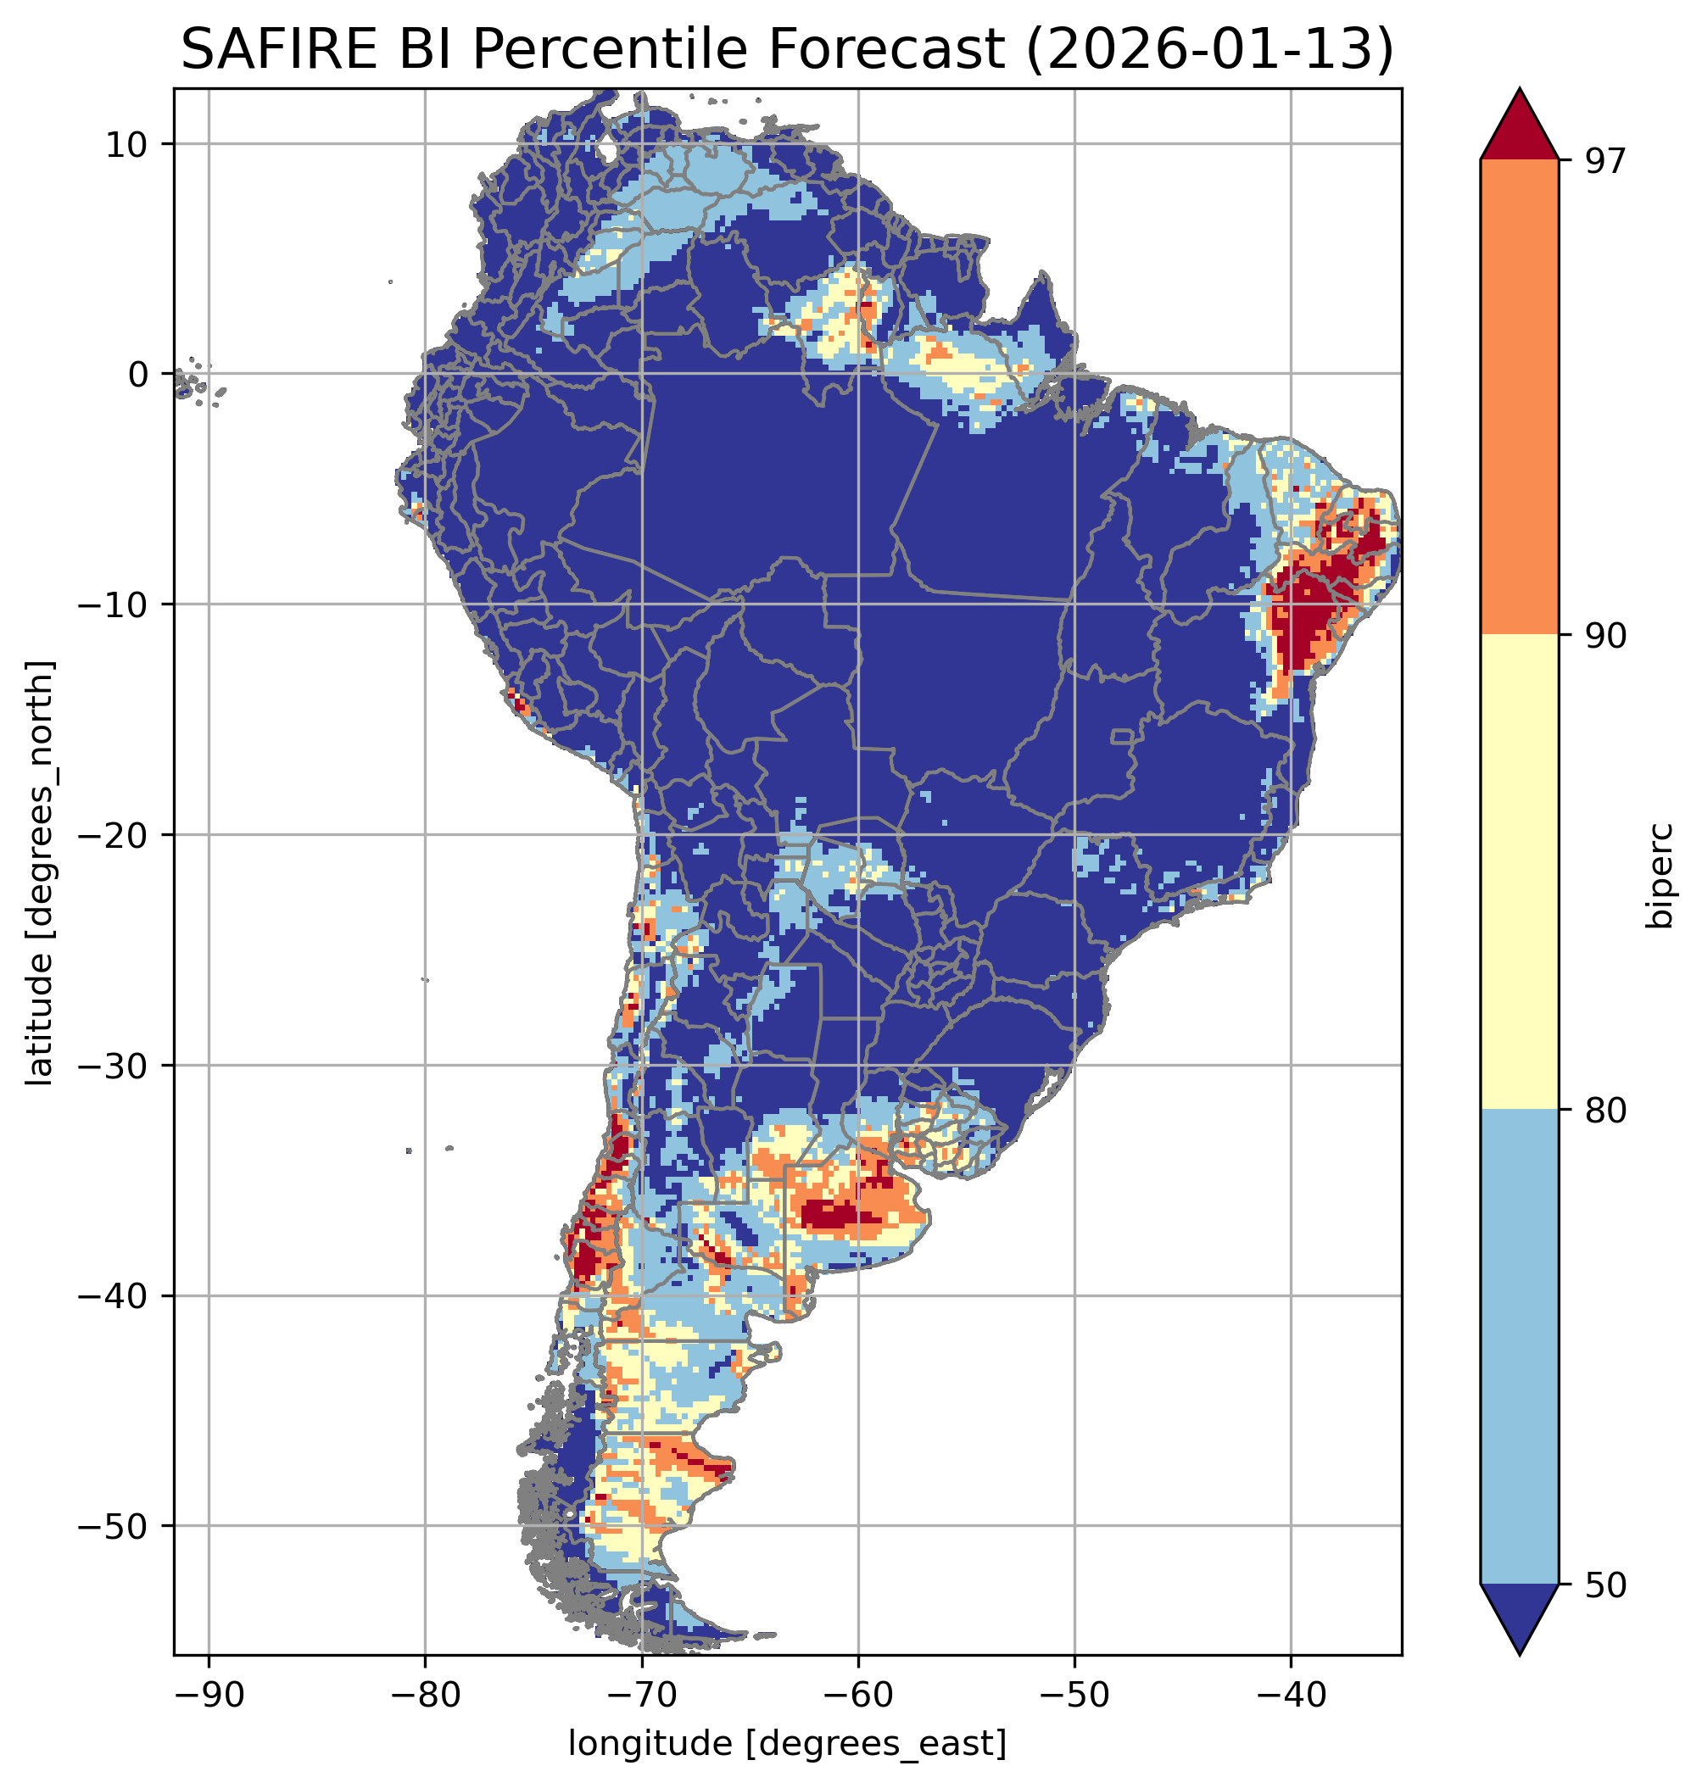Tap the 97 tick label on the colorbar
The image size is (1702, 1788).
(1605, 160)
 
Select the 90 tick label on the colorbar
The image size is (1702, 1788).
(1605, 636)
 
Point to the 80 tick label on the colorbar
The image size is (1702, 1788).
(1605, 1111)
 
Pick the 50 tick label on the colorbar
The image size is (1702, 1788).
(1605, 1585)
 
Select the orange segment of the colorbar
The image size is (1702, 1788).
(1519, 398)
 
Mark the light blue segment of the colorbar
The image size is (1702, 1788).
(1519, 1347)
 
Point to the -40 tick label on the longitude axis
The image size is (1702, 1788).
(1290, 1695)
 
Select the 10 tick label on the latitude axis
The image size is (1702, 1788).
(127, 144)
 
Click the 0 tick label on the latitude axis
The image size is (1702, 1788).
(139, 374)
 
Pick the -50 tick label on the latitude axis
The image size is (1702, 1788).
(114, 1526)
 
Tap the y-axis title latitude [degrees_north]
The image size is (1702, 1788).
(41, 872)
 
